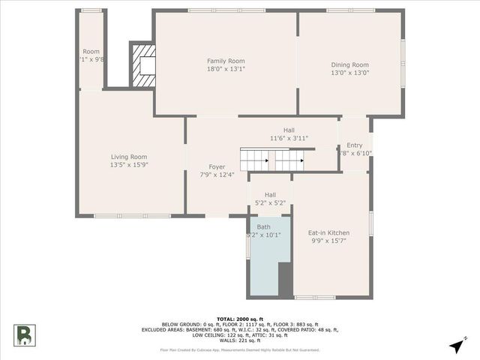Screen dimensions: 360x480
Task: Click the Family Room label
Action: pos(226,61)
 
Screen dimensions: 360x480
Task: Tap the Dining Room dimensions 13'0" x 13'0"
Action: pos(350,73)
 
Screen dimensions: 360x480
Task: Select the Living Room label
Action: pos(129,157)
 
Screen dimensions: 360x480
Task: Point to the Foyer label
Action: pos(217,166)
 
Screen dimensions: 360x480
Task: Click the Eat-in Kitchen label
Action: pos(328,232)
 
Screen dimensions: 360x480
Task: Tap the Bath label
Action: pos(264,226)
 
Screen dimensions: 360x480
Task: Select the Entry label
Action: pos(355,145)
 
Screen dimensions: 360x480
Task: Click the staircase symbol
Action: pos(272,160)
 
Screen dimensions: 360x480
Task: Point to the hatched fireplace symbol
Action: pos(144,66)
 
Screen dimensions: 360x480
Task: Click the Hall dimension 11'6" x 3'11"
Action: pos(289,138)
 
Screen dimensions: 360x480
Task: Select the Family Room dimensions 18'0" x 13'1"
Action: pos(226,69)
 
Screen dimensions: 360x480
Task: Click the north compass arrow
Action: pos(457,345)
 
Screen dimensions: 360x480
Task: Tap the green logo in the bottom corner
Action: pos(23,334)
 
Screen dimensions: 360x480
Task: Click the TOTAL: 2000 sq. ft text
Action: pos(239,319)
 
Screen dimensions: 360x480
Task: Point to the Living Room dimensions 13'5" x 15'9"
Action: pos(129,165)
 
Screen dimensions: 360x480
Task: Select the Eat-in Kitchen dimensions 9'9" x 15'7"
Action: pos(328,241)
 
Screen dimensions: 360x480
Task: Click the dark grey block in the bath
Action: pos(285,278)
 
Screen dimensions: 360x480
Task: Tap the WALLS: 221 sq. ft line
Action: pos(239,340)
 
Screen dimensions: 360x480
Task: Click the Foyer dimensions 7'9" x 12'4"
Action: pos(217,175)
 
